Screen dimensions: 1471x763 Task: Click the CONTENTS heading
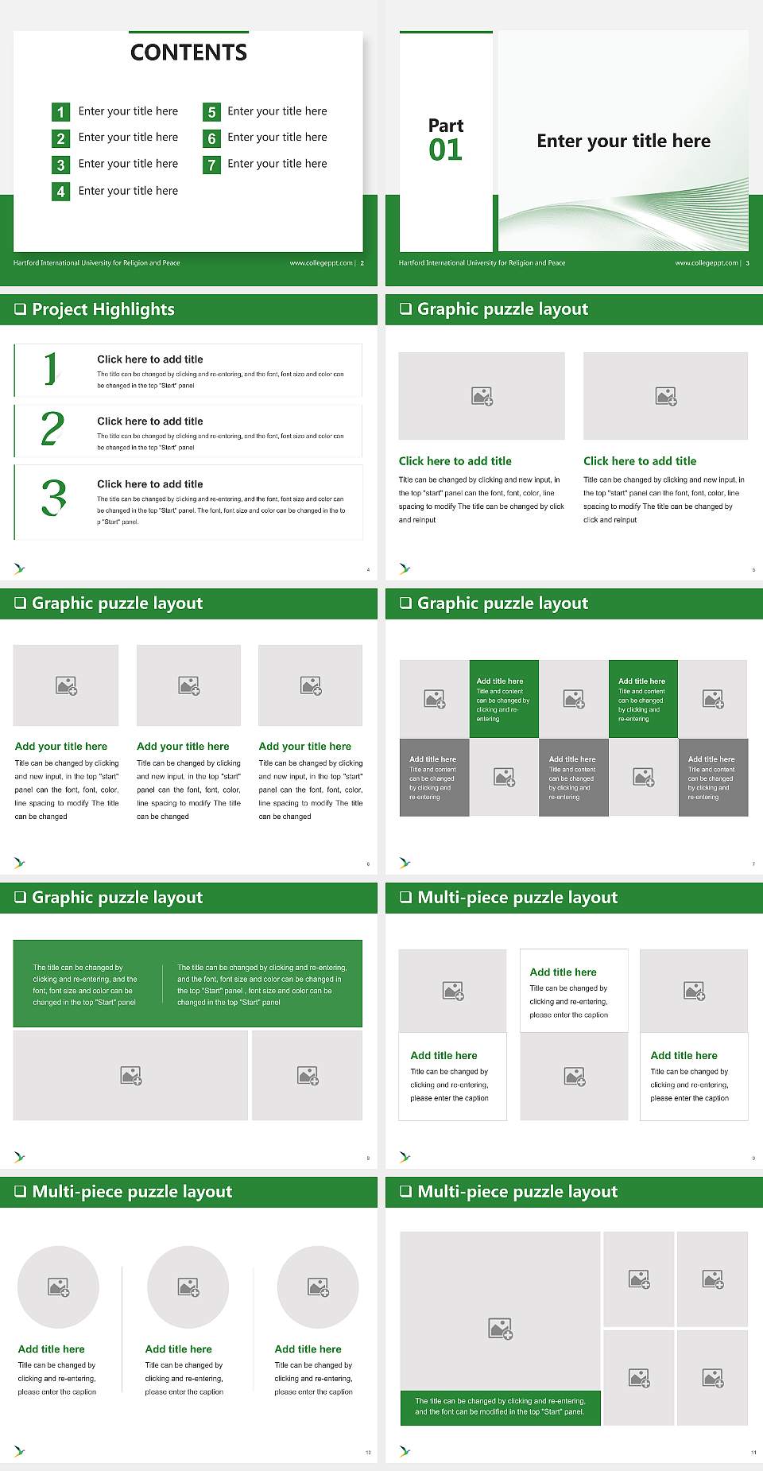[x=188, y=52]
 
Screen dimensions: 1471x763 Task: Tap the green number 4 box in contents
[x=60, y=192]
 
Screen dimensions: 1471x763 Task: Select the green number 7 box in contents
[x=211, y=165]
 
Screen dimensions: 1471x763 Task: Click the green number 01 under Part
[x=445, y=149]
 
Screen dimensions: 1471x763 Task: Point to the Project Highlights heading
[x=103, y=309]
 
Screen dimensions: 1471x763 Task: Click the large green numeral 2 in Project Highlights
[x=52, y=429]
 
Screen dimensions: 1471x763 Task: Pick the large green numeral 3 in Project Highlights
[x=54, y=498]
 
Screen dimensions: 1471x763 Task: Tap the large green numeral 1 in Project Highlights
[x=51, y=369]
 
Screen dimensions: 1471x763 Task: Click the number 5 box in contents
[x=211, y=112]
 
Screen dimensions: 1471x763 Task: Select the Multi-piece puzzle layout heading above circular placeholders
[x=132, y=1191]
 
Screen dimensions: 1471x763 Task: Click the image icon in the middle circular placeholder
[x=188, y=1287]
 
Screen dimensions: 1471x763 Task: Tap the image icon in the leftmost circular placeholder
[x=59, y=1287]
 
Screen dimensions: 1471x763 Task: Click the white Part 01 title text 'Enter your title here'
[x=623, y=141]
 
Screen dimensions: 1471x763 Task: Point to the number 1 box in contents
[x=60, y=112]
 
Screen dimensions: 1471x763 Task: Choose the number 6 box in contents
[x=211, y=138]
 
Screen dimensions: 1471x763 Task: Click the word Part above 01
[x=445, y=126]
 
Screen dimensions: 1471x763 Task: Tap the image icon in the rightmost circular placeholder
[x=318, y=1287]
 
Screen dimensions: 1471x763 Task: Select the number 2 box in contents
[x=60, y=138]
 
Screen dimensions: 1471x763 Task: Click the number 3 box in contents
[x=60, y=165]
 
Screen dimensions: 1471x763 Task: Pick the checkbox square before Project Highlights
[x=21, y=309]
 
